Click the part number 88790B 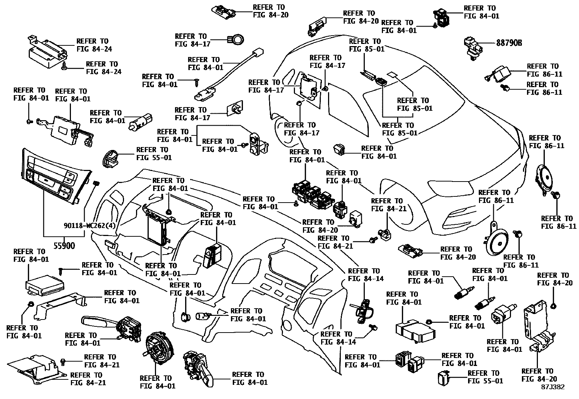point(509,43)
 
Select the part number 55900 point(64,246)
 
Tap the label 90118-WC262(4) point(89,226)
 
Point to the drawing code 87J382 point(552,387)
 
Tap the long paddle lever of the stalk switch point(96,322)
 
